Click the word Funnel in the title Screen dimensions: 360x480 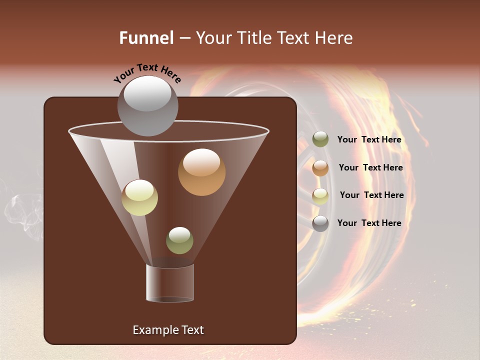tap(146, 38)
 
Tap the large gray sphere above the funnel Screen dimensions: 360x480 tap(147, 105)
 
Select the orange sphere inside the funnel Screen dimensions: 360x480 tap(201, 172)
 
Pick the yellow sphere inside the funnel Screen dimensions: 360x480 tap(139, 197)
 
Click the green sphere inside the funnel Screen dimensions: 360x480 tap(179, 240)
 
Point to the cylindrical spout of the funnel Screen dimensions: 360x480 tap(170, 283)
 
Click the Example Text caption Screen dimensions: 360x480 tap(168, 330)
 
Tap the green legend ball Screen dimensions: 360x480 tap(320, 139)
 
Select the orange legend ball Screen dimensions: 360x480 tap(320, 167)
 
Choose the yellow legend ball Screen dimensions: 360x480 tap(320, 195)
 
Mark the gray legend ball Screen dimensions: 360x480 tap(320, 223)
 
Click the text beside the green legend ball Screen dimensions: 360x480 tap(369, 139)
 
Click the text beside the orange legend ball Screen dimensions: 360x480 tap(370, 167)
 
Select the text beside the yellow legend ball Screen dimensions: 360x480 tap(371, 195)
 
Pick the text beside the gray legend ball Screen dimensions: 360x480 tap(369, 223)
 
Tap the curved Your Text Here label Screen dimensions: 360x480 tap(147, 73)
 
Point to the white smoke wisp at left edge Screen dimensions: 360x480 tap(22, 210)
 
